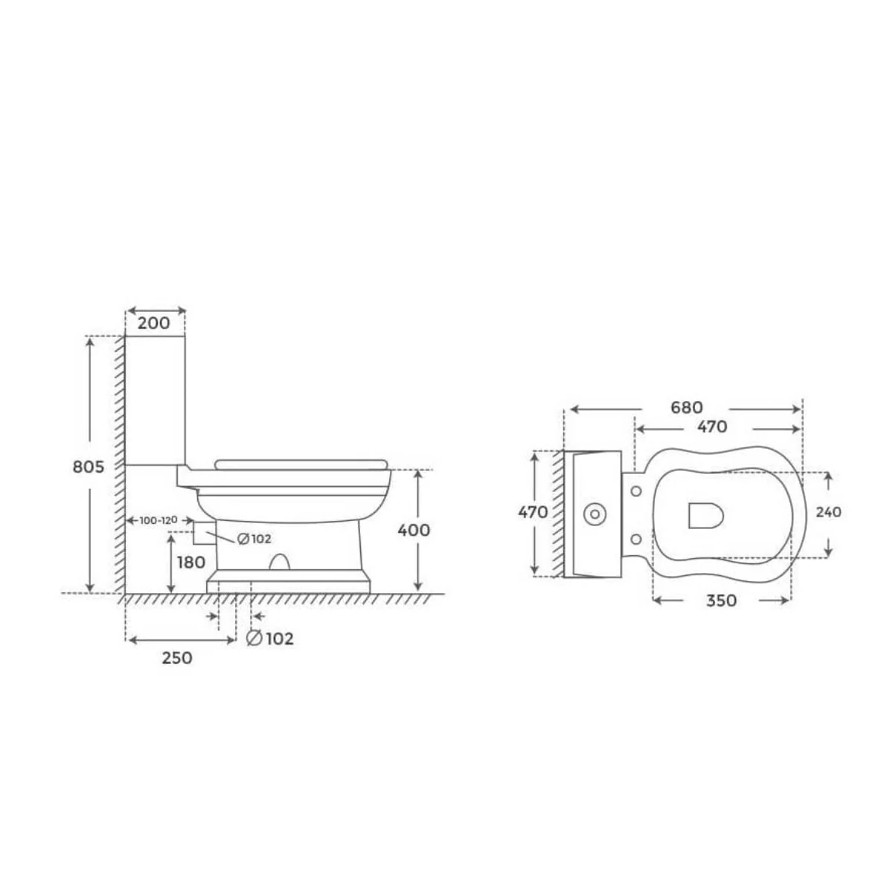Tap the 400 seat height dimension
click(x=415, y=530)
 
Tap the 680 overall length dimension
click(x=686, y=408)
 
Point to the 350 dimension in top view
click(x=720, y=600)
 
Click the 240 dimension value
click(x=828, y=512)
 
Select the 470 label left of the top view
click(x=534, y=512)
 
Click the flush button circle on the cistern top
click(x=595, y=513)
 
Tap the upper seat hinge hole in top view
click(x=636, y=490)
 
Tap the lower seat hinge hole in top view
click(x=636, y=538)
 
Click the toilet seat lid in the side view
click(x=301, y=465)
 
